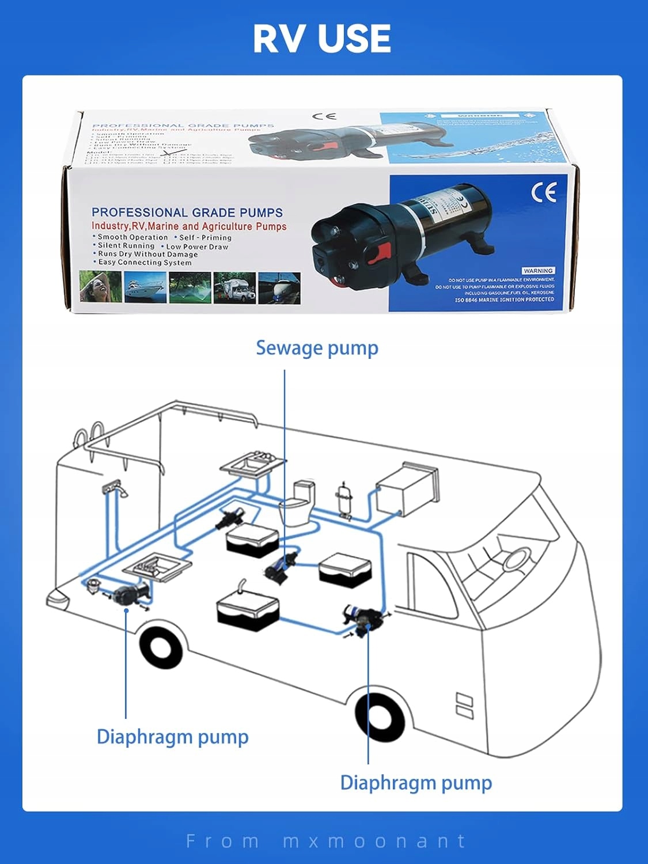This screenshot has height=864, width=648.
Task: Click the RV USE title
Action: pyautogui.click(x=322, y=39)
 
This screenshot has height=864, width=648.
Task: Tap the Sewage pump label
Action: pyautogui.click(x=317, y=348)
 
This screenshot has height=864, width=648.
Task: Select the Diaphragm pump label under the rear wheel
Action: pyautogui.click(x=172, y=737)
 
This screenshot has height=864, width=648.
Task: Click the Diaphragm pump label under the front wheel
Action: pyautogui.click(x=416, y=783)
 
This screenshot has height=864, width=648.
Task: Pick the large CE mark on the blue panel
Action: pyautogui.click(x=544, y=192)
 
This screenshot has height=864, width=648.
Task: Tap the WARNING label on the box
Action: pyautogui.click(x=538, y=271)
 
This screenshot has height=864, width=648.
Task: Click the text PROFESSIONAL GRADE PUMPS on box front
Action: pyautogui.click(x=187, y=213)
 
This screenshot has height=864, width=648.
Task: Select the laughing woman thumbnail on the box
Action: pyautogui.click(x=99, y=287)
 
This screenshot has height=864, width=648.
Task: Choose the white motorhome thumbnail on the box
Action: pyautogui.click(x=234, y=287)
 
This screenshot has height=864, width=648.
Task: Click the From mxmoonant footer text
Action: pyautogui.click(x=325, y=841)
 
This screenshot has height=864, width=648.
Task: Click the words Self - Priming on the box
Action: pyautogui.click(x=205, y=237)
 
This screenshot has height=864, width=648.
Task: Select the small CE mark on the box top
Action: pyautogui.click(x=324, y=116)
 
